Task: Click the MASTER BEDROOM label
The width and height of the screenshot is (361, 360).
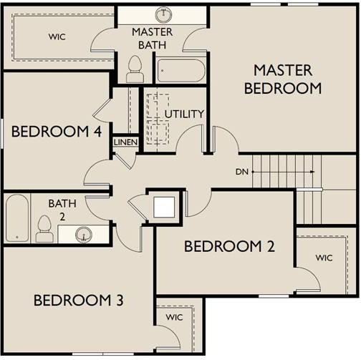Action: (x=283, y=79)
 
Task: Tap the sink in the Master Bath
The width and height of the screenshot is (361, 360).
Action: (x=163, y=14)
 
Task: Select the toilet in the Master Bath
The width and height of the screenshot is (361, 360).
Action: (x=135, y=69)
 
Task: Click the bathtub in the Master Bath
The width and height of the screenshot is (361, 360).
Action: (x=181, y=71)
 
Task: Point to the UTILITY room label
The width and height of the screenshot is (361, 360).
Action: (x=184, y=114)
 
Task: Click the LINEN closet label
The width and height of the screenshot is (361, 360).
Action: (x=125, y=142)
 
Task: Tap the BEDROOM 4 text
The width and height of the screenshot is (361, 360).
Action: (x=57, y=132)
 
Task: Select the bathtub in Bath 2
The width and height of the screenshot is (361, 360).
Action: (x=17, y=218)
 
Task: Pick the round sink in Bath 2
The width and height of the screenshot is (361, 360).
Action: (x=84, y=234)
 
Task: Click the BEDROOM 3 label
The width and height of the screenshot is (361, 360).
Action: (x=79, y=300)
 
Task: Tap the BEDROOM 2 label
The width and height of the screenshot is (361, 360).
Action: (x=229, y=246)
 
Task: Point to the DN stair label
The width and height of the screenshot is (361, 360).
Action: (x=242, y=172)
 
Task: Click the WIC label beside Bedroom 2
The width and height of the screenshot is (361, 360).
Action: (x=324, y=258)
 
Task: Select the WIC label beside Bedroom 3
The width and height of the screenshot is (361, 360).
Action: (x=174, y=317)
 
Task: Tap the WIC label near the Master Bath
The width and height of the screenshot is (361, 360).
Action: (x=57, y=37)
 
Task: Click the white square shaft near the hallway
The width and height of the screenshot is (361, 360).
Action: (x=164, y=207)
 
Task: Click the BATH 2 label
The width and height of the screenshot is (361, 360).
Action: (x=62, y=210)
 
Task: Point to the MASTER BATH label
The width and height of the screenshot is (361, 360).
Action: (x=153, y=39)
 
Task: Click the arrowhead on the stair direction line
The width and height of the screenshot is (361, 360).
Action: (x=313, y=172)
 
